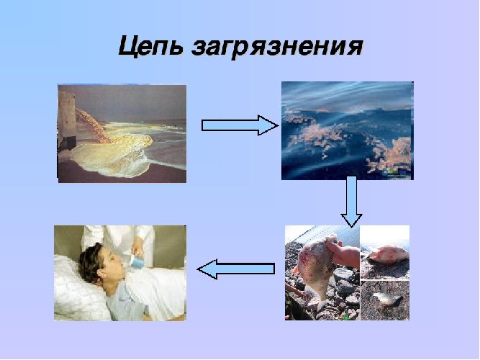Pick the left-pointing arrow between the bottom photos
point(236,269)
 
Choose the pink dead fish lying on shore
point(386,253)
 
